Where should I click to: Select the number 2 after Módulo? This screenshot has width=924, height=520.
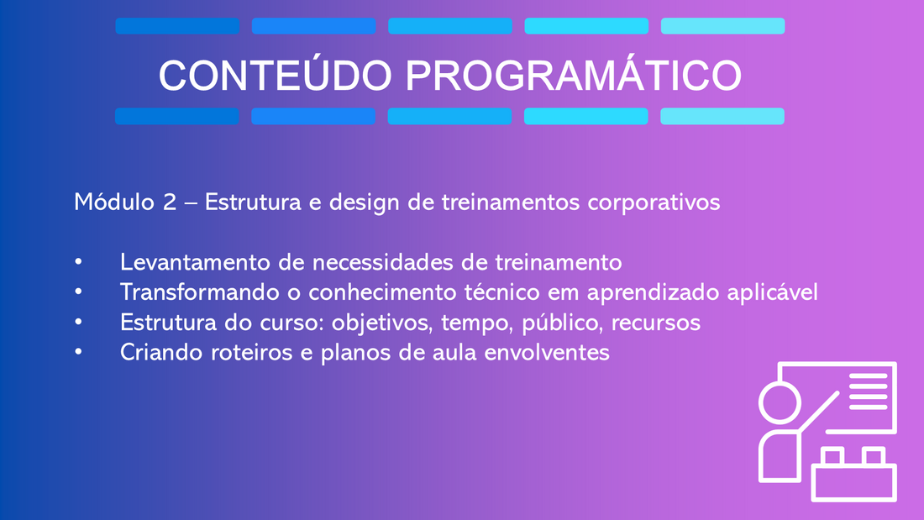170,202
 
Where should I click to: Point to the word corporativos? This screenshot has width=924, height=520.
654,203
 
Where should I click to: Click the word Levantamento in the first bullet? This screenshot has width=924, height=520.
196,262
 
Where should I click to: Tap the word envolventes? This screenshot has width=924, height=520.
547,353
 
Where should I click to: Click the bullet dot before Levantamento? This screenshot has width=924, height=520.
78,262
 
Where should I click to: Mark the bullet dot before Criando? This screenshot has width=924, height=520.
78,353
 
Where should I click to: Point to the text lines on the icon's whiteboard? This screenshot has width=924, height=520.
868,391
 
